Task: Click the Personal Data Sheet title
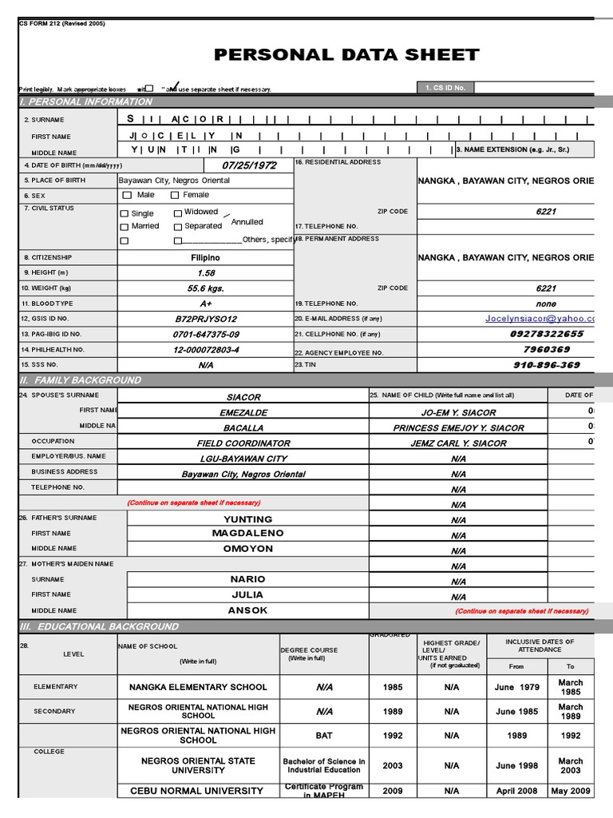(346, 55)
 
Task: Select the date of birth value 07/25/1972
(250, 165)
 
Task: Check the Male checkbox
(126, 195)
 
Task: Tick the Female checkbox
(175, 195)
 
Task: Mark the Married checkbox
(124, 227)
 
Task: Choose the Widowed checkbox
(178, 213)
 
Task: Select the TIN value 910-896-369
(546, 365)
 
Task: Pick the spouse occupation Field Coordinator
(243, 443)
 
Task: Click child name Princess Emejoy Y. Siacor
(458, 428)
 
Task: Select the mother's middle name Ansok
(247, 610)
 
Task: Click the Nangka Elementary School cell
(198, 687)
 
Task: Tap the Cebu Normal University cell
(196, 791)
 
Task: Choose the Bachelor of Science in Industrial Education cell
(323, 765)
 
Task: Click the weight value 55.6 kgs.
(205, 288)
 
